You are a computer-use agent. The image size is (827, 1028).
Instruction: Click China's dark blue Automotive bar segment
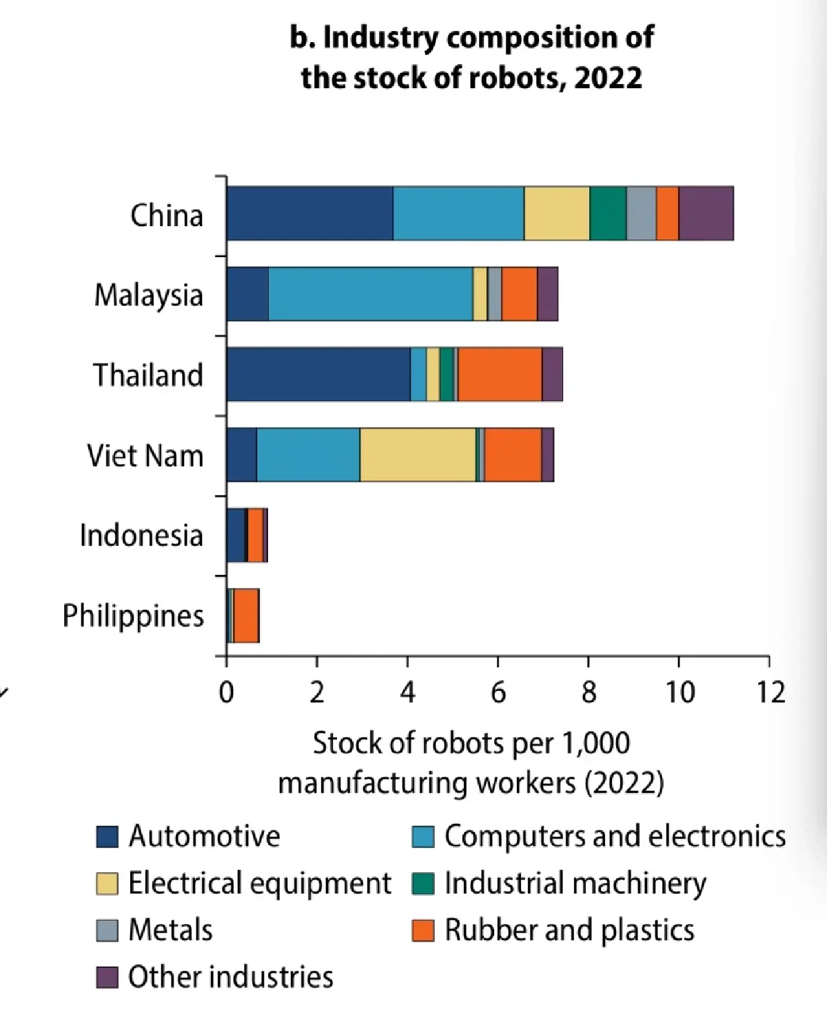click(x=309, y=213)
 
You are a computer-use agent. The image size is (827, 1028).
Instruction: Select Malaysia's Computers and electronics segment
click(x=370, y=294)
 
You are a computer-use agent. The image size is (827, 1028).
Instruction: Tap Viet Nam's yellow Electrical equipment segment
click(x=418, y=454)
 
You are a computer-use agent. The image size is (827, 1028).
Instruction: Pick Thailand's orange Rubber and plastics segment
click(x=500, y=374)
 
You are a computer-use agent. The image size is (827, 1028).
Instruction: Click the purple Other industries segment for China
click(x=706, y=213)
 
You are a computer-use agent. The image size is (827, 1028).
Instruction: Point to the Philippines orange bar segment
click(x=246, y=616)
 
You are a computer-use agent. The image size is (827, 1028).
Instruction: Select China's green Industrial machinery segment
click(x=607, y=213)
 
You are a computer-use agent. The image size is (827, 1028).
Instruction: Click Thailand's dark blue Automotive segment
click(x=318, y=374)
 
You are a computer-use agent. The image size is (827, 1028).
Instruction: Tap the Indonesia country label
click(x=141, y=536)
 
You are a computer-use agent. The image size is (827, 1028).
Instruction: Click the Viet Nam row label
click(x=145, y=456)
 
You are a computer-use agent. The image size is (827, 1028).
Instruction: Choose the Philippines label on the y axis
click(x=133, y=616)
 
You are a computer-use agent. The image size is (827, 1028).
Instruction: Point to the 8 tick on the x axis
click(x=589, y=692)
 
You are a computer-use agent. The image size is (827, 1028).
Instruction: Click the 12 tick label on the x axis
click(x=770, y=692)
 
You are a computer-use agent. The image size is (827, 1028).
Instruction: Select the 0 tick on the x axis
click(x=226, y=692)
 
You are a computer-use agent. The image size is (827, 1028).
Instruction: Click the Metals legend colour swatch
click(x=107, y=930)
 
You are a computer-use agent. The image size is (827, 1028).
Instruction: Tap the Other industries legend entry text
click(x=231, y=977)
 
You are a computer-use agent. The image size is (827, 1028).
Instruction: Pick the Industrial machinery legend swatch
click(x=423, y=883)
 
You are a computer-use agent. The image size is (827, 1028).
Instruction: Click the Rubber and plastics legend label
click(x=569, y=930)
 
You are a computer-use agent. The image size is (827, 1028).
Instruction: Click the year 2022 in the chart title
click(x=608, y=77)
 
